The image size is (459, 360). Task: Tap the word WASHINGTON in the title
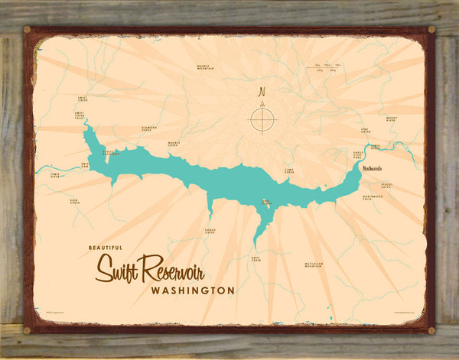(193, 290)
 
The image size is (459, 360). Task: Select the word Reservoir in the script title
(186, 267)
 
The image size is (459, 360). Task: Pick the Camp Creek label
(289, 172)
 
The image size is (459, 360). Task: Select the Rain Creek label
(75, 202)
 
